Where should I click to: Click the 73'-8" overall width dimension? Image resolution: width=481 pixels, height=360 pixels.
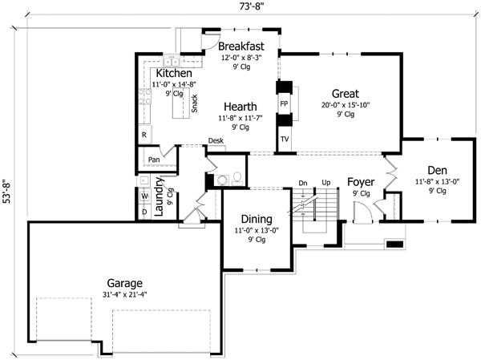(240, 8)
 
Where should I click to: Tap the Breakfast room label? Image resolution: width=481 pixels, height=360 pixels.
(241, 47)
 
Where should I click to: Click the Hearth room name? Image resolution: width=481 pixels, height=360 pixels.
(240, 106)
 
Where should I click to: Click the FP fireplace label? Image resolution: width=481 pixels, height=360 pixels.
(284, 104)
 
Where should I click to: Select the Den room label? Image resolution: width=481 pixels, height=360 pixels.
(437, 170)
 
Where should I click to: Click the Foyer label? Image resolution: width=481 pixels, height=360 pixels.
(361, 182)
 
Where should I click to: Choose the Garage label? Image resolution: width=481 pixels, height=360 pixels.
(125, 283)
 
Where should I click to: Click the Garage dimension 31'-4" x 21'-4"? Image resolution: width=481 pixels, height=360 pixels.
(126, 295)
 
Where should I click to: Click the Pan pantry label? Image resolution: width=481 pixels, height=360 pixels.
(154, 160)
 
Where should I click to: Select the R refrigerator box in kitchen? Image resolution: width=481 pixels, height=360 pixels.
(143, 135)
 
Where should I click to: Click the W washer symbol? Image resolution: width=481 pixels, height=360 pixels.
(144, 195)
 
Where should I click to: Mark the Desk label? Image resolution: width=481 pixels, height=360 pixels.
(216, 141)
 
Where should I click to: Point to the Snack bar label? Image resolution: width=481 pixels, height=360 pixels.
(195, 103)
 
